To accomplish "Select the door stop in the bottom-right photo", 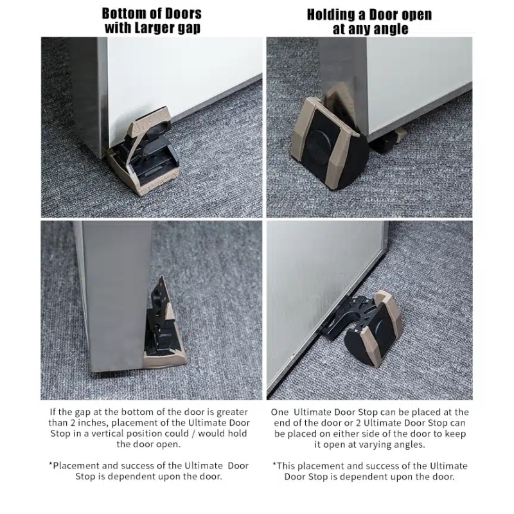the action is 363,327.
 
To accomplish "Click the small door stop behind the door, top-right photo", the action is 388,140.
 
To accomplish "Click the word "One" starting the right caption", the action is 279,412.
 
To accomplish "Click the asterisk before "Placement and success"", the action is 51,464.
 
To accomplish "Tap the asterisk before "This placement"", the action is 274,464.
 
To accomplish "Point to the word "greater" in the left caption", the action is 232,412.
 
